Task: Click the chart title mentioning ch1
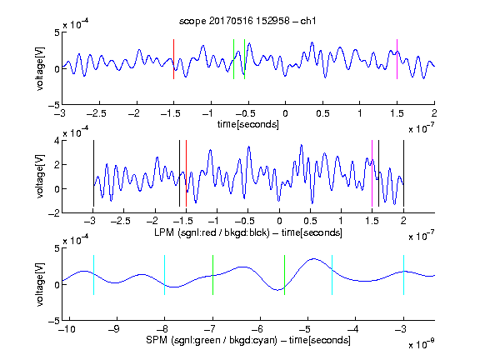[x=247, y=21]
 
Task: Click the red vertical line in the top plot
[x=174, y=59]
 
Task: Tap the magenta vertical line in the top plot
[x=397, y=59]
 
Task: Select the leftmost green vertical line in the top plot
[x=233, y=59]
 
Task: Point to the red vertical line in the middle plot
[x=186, y=173]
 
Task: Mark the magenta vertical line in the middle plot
[x=372, y=173]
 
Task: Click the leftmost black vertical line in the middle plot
[x=93, y=173]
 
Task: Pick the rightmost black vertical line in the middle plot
[x=403, y=173]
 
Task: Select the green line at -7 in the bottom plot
[x=212, y=275]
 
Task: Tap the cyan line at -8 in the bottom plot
[x=165, y=275]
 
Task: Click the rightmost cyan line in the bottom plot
[x=404, y=275]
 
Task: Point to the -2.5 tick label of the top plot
[x=97, y=113]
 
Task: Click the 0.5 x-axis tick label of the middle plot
[x=310, y=221]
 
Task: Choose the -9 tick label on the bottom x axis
[x=114, y=329]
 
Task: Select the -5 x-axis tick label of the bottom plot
[x=305, y=329]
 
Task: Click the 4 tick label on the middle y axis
[x=57, y=141]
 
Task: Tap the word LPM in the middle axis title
[x=164, y=232]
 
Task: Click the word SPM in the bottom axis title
[x=157, y=340]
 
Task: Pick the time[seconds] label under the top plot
[x=248, y=125]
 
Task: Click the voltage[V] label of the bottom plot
[x=40, y=284]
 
